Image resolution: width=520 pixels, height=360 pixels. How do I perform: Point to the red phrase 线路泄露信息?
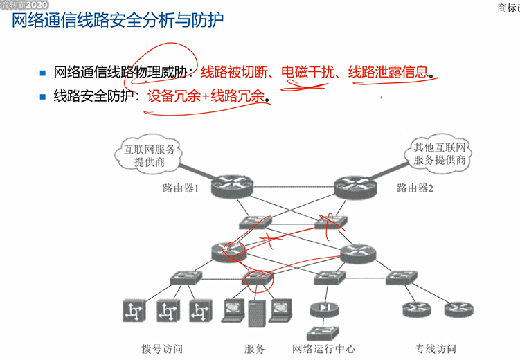point(387,71)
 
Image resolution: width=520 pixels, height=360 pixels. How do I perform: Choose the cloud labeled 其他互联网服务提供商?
point(440,154)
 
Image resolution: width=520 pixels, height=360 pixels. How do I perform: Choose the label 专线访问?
point(435,349)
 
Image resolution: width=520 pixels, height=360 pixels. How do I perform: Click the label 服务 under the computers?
point(255,349)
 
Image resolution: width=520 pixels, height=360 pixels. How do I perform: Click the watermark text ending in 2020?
point(24,5)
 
